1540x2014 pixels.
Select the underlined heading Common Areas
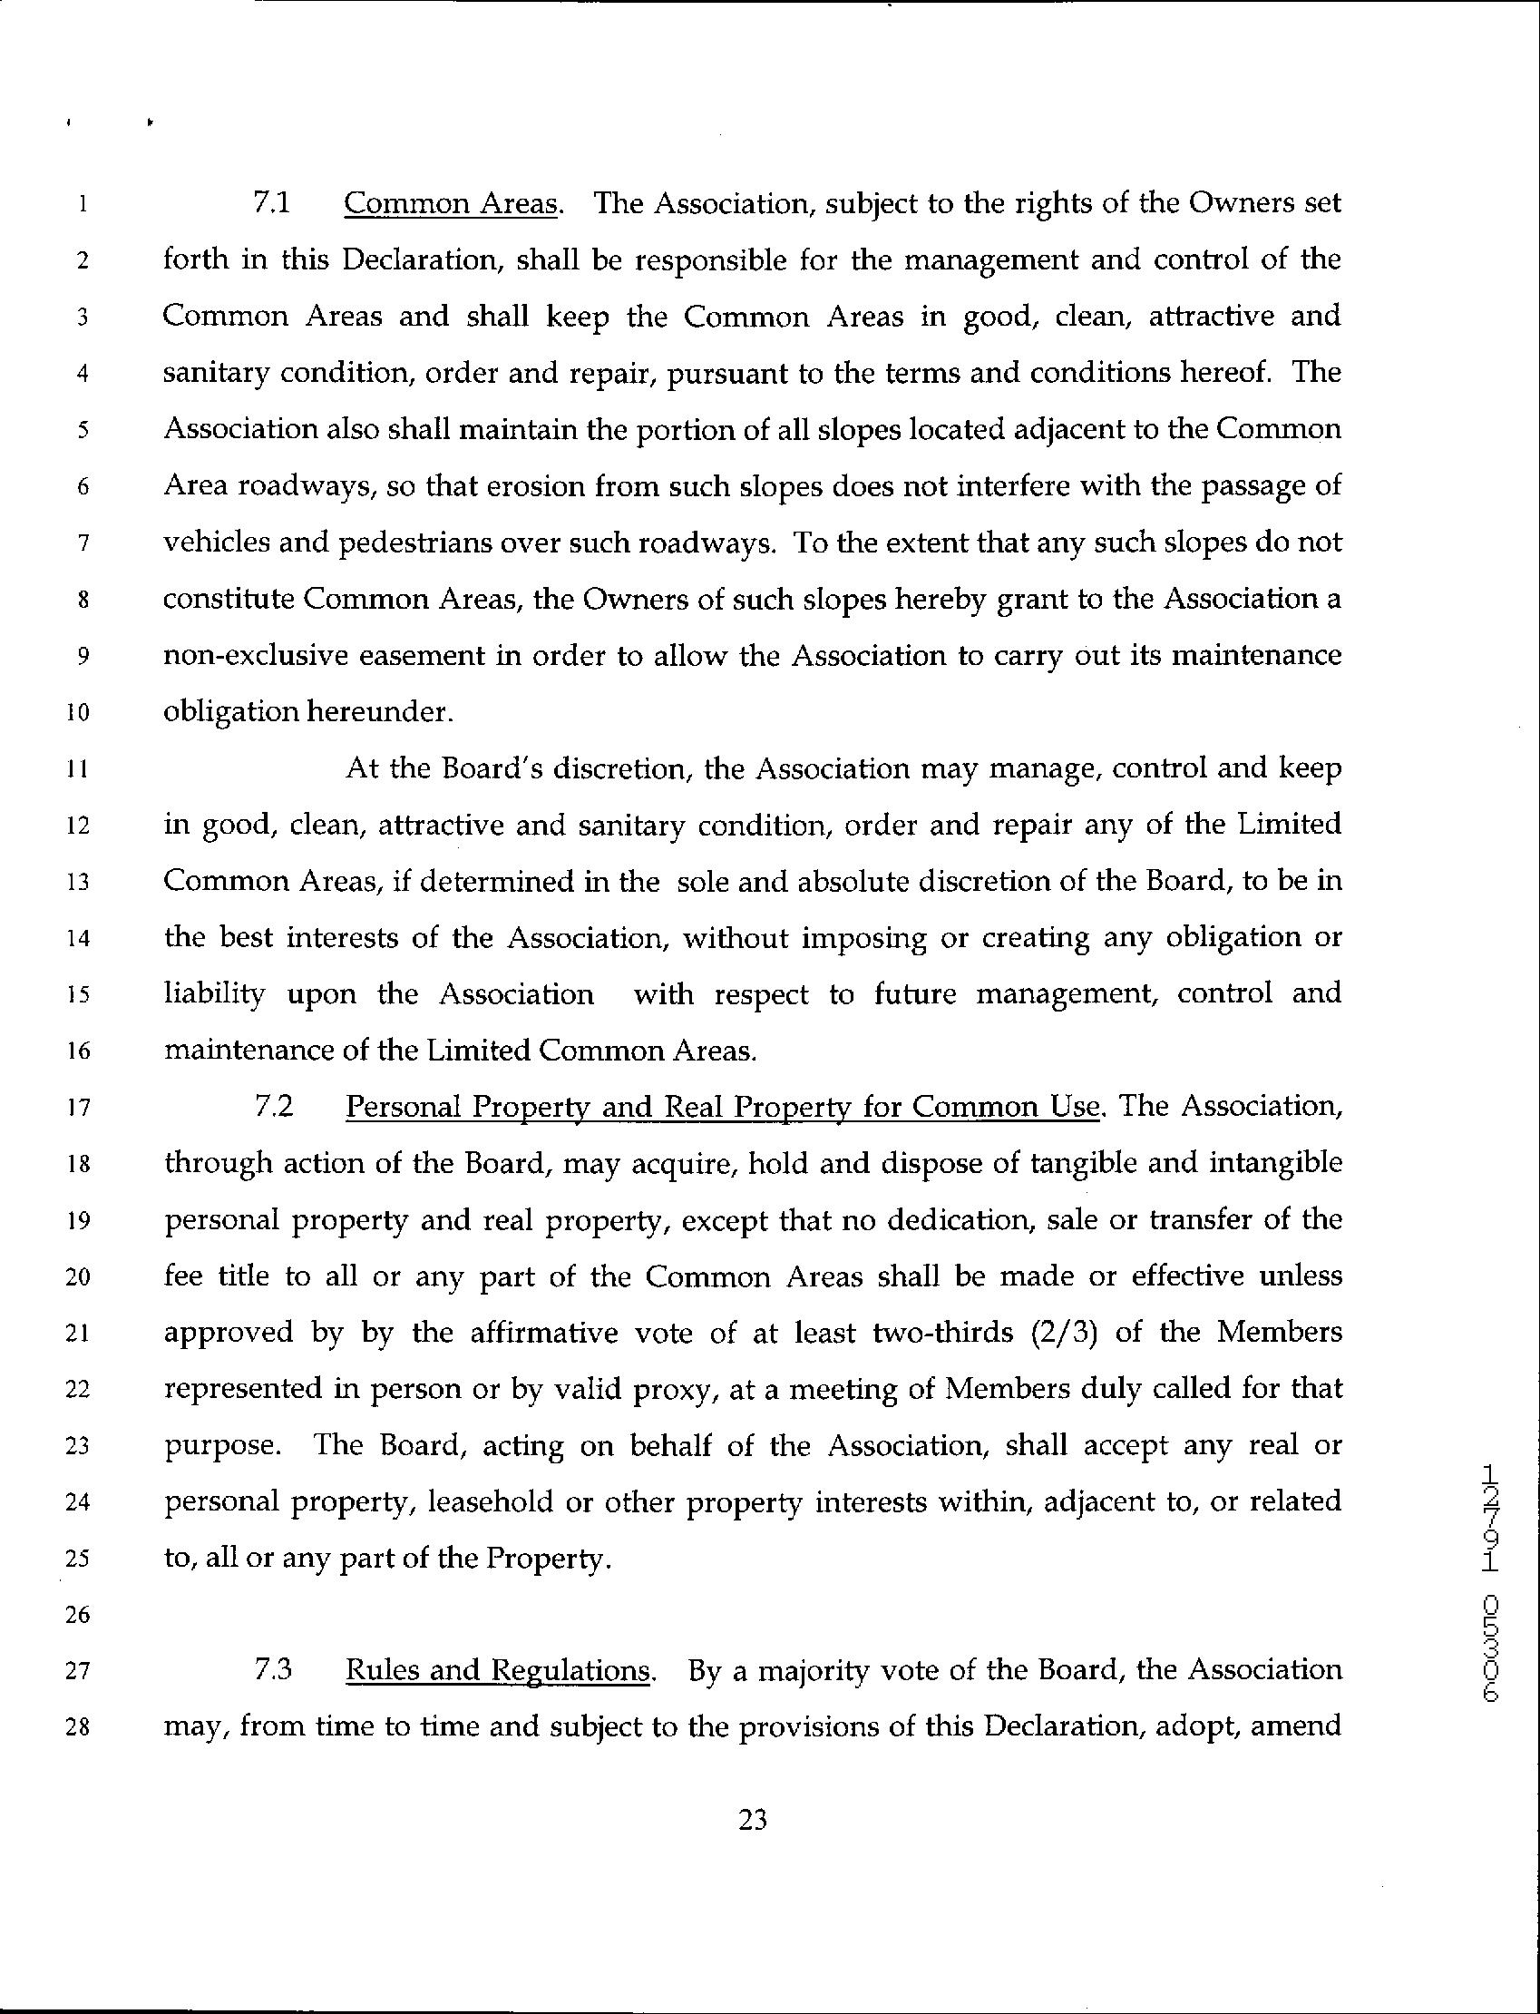pos(450,203)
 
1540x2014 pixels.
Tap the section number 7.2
pos(273,1107)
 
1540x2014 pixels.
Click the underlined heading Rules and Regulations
pos(498,1671)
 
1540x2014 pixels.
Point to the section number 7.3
pos(273,1670)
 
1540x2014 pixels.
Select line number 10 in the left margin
pos(78,713)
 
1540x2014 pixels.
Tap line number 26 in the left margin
pos(78,1615)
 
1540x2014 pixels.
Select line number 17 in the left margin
pos(78,1109)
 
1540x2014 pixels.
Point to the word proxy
pos(676,1390)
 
